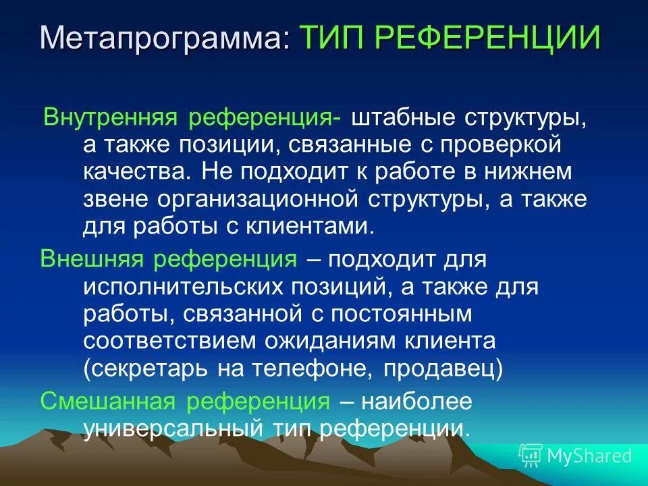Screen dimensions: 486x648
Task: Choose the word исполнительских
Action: click(x=185, y=287)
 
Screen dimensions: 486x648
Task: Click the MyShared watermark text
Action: click(x=589, y=456)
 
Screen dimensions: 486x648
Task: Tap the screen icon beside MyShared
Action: click(x=531, y=456)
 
